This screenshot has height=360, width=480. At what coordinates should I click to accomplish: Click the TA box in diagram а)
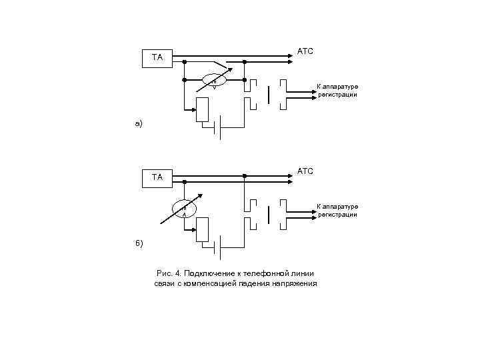pyautogui.click(x=158, y=58)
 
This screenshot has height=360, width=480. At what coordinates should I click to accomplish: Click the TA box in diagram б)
pyautogui.click(x=158, y=177)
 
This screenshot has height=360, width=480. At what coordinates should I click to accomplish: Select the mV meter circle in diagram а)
pyautogui.click(x=214, y=80)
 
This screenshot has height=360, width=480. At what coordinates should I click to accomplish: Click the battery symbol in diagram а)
pyautogui.click(x=218, y=129)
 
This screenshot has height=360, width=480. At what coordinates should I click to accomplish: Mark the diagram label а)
pyautogui.click(x=138, y=124)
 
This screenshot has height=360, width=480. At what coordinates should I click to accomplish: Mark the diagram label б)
pyautogui.click(x=138, y=243)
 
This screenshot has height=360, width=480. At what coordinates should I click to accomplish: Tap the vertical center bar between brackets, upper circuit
pyautogui.click(x=268, y=95)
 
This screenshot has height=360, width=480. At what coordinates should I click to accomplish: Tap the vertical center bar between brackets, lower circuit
pyautogui.click(x=268, y=215)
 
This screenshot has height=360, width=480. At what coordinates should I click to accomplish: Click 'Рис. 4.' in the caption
pyautogui.click(x=168, y=273)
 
